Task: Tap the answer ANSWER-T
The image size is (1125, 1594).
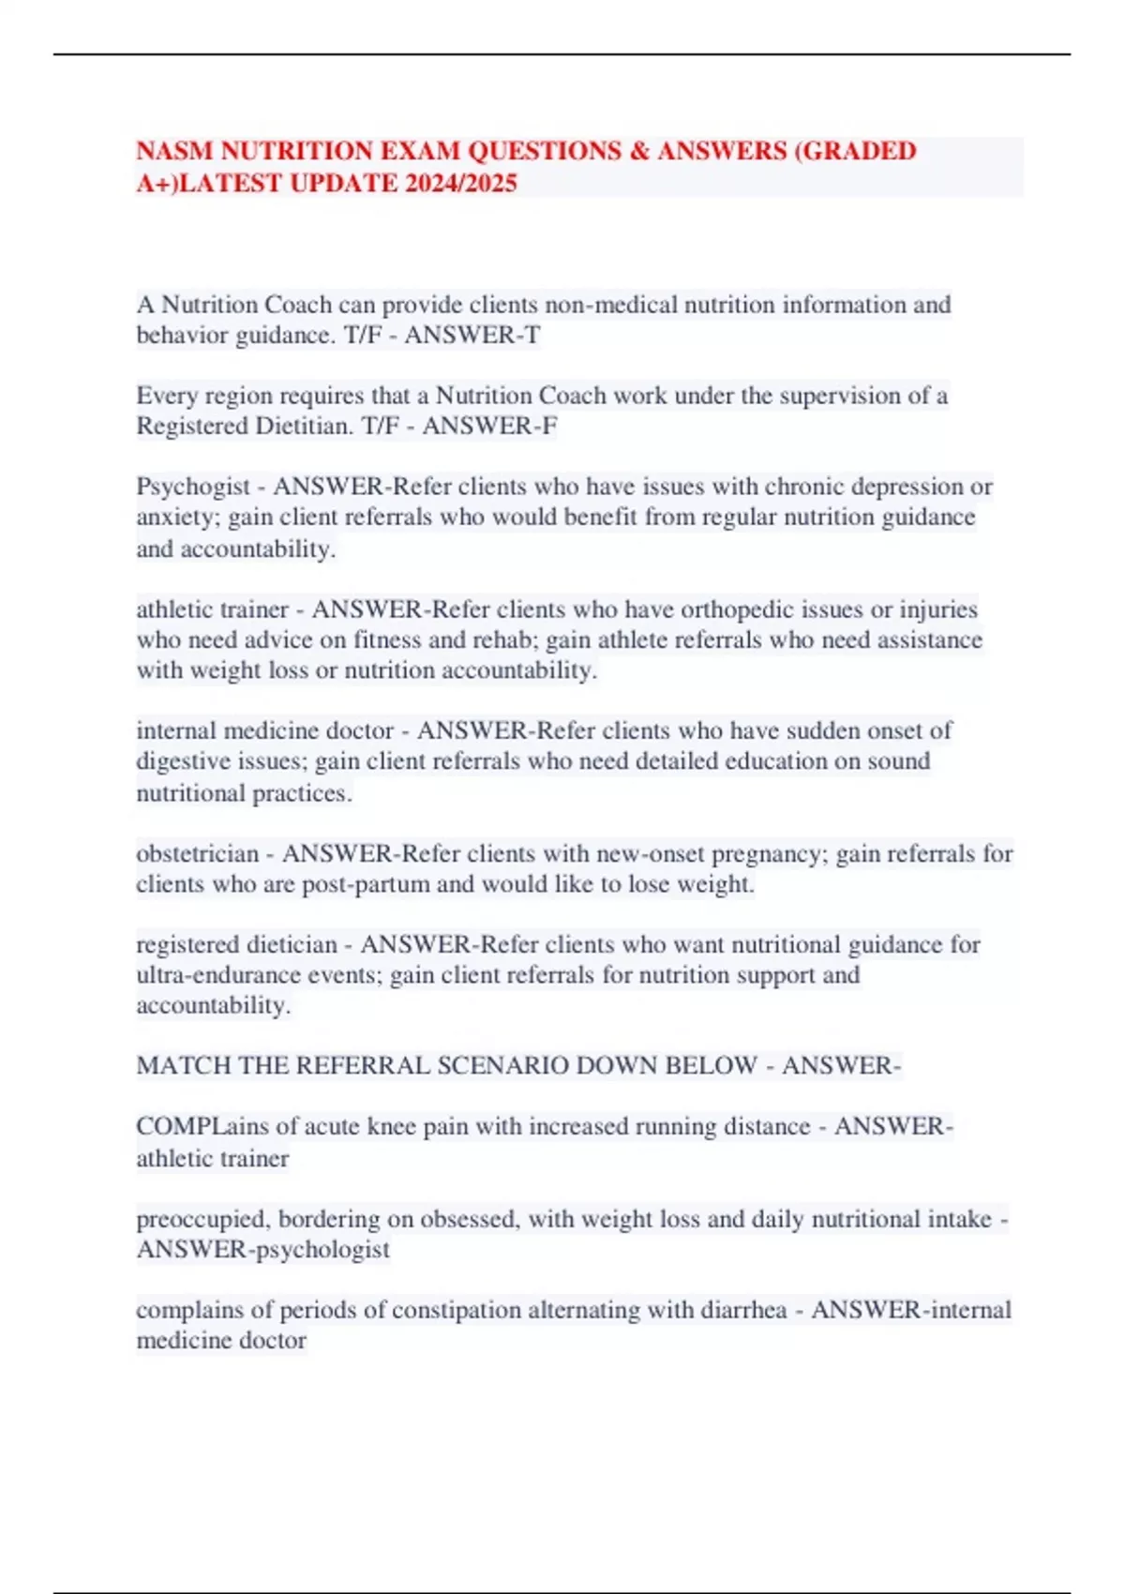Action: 472,335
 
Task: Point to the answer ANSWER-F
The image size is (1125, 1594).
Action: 489,426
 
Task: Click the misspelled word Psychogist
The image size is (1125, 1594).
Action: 193,487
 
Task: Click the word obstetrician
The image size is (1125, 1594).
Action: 197,853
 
